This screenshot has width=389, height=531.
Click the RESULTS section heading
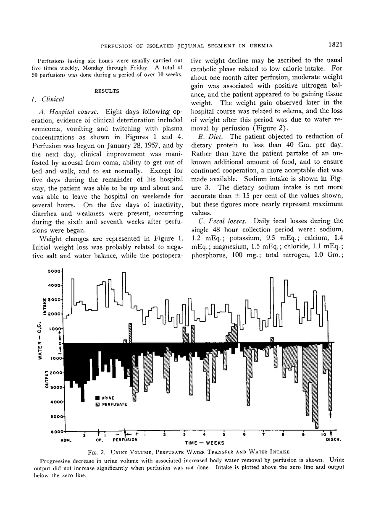click(107, 90)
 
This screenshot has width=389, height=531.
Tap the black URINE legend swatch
click(98, 398)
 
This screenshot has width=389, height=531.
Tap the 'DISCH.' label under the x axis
click(333, 440)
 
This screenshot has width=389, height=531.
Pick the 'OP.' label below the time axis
click(100, 440)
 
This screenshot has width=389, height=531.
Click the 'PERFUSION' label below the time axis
click(125, 440)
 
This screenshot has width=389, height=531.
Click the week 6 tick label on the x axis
click(244, 435)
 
